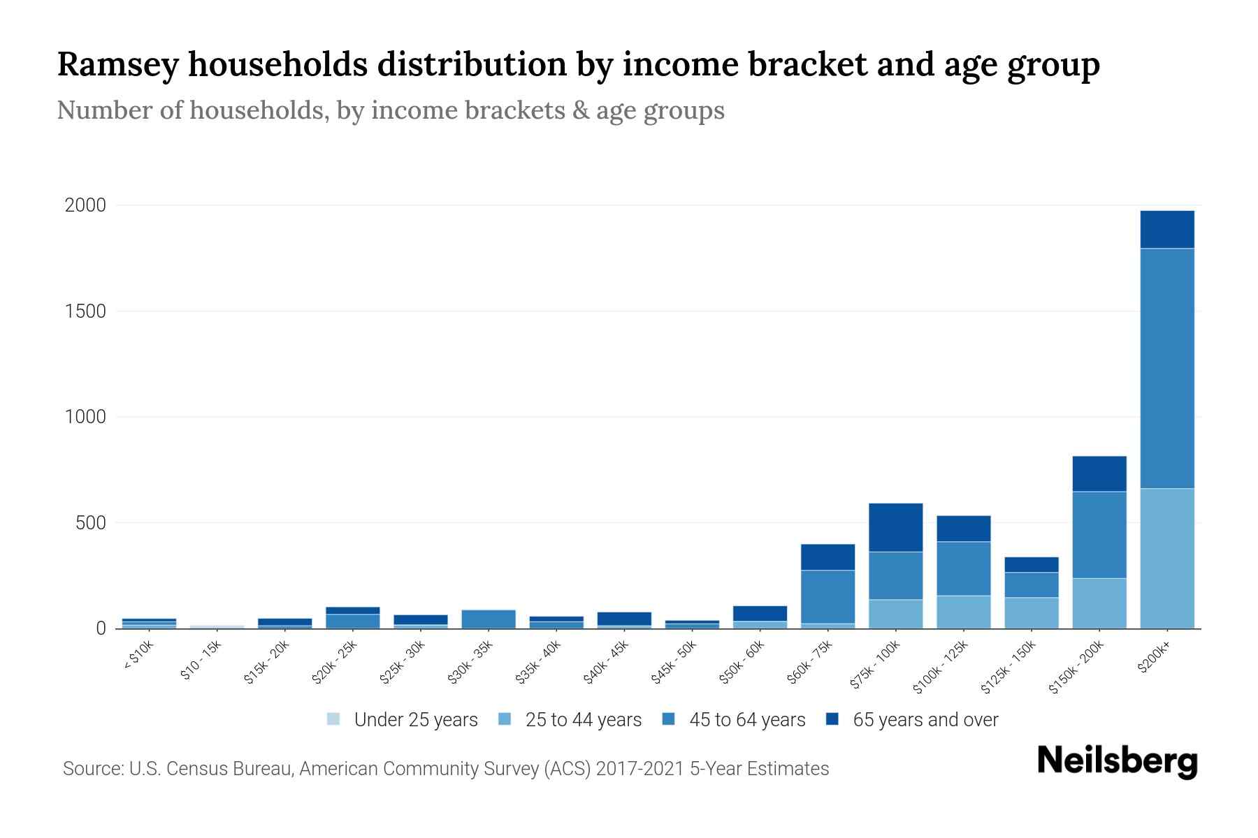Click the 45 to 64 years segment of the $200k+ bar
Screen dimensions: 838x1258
pyautogui.click(x=1166, y=368)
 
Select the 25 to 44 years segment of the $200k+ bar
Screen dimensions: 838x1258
pyautogui.click(x=1166, y=558)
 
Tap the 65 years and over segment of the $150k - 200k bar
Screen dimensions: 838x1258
pyautogui.click(x=1099, y=473)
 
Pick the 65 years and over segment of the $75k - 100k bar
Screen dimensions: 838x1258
pyautogui.click(x=895, y=527)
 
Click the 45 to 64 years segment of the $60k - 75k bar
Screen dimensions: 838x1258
pyautogui.click(x=827, y=596)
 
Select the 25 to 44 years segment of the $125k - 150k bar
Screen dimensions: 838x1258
pyautogui.click(x=1031, y=612)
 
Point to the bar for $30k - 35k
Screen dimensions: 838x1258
pyautogui.click(x=489, y=619)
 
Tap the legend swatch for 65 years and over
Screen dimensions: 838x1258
pyautogui.click(x=832, y=719)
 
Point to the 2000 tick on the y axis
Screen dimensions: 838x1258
pyautogui.click(x=85, y=205)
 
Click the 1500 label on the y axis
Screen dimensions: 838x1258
pyautogui.click(x=85, y=311)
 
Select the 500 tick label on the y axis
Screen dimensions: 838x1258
pyautogui.click(x=91, y=523)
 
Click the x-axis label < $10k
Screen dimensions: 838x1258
pyautogui.click(x=138, y=656)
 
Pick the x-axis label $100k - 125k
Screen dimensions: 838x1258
pyautogui.click(x=941, y=668)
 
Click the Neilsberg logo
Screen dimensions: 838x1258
pyautogui.click(x=1117, y=761)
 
